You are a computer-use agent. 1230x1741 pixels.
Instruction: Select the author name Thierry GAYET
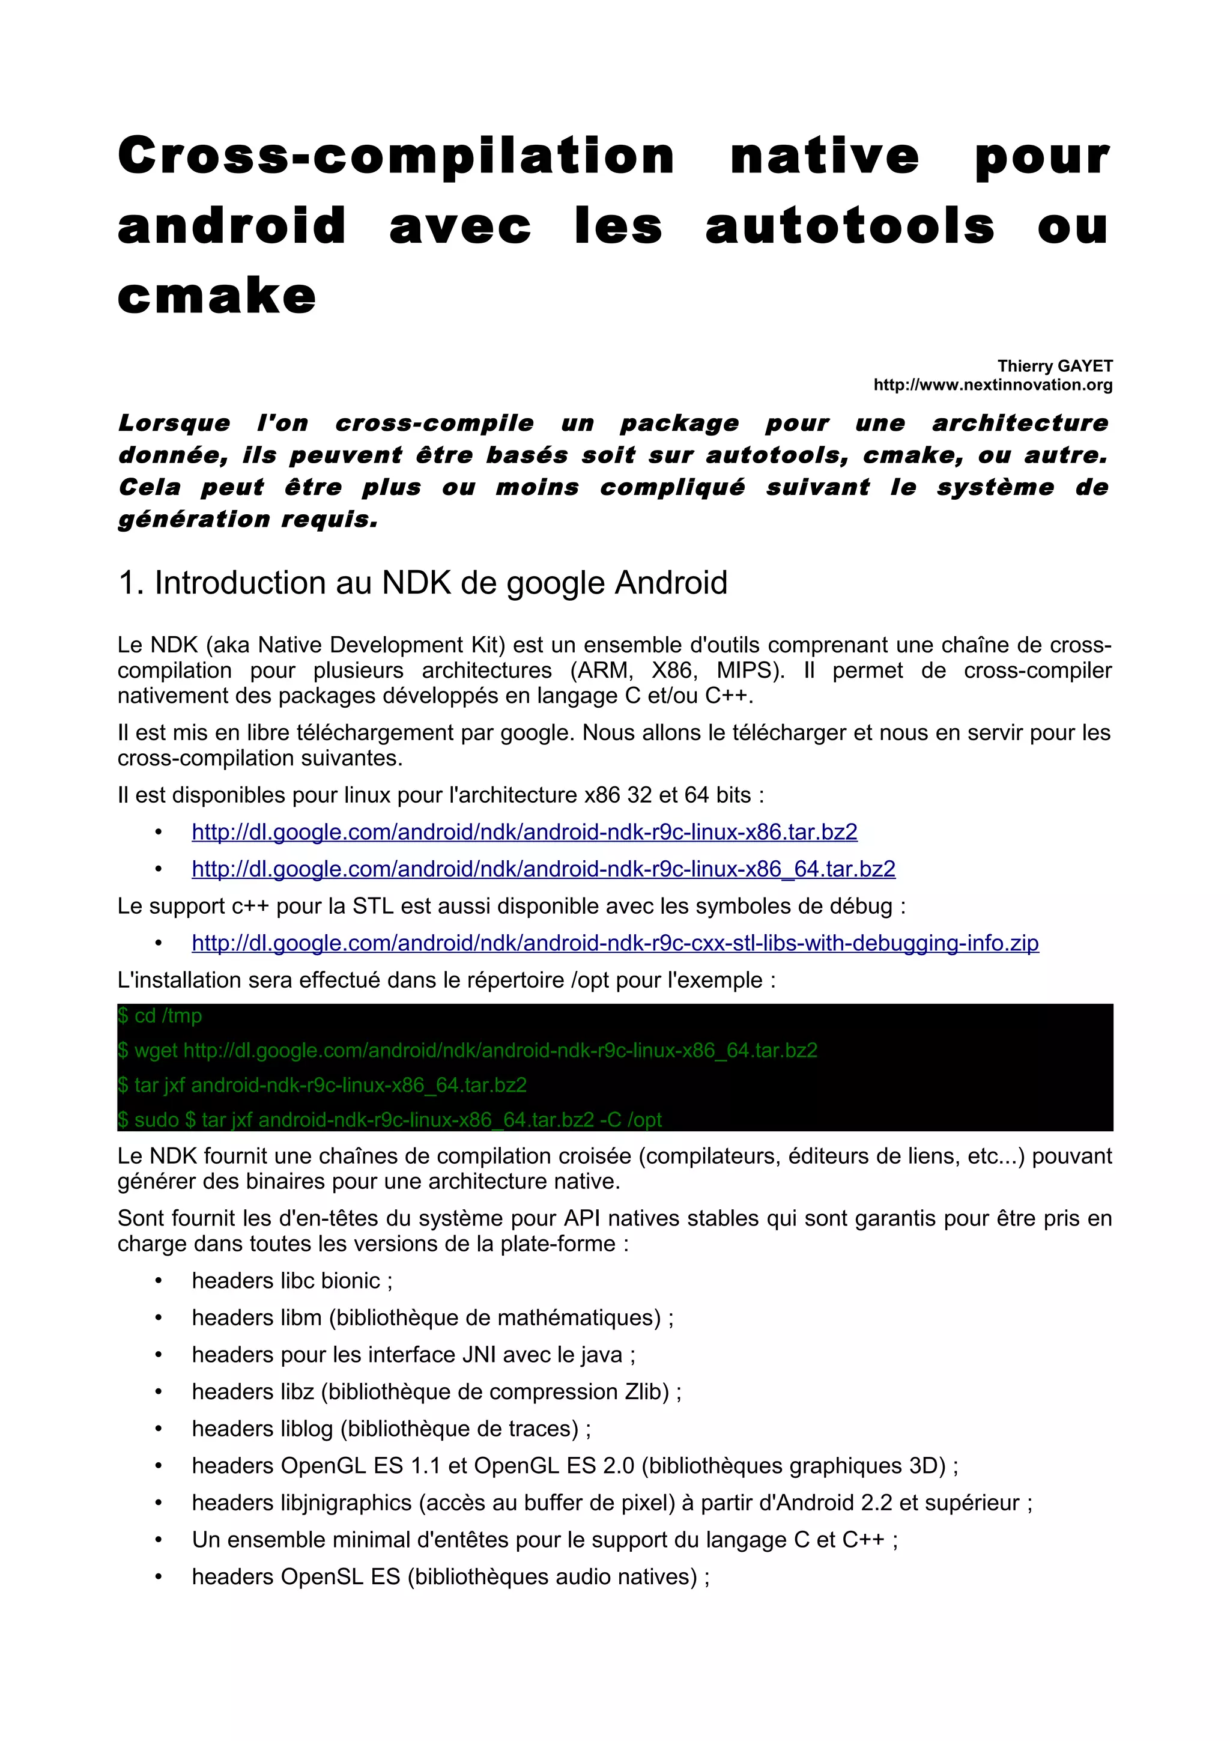tap(1054, 366)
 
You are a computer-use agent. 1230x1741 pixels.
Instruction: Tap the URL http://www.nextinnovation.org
tap(993, 384)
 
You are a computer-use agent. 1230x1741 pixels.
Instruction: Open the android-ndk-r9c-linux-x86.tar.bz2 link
tap(524, 832)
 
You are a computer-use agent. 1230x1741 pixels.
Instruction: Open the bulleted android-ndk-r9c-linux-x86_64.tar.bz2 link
tap(544, 869)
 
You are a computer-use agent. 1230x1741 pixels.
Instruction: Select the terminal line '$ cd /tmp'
tap(160, 1015)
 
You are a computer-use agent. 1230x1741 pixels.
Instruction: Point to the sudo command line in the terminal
tap(390, 1119)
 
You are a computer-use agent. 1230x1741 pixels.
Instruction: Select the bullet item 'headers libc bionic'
tap(292, 1281)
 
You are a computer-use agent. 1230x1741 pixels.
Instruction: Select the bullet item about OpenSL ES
tap(450, 1577)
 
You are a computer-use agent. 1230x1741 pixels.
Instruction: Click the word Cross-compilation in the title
tap(396, 156)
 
